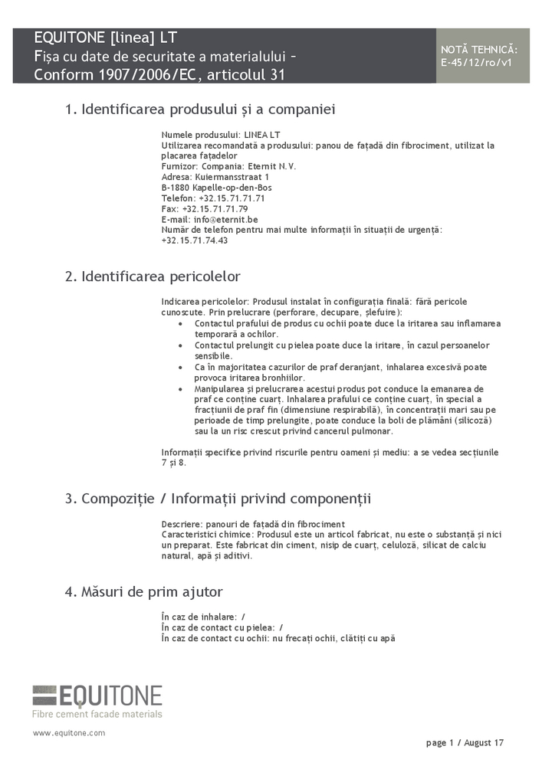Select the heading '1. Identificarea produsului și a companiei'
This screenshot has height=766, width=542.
200,110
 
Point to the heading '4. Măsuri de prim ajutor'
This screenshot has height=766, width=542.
143,591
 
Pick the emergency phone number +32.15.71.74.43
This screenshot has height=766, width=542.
195,241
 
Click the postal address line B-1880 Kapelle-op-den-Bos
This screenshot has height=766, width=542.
216,187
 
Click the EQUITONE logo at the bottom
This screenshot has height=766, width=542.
97,696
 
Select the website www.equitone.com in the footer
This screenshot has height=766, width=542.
69,733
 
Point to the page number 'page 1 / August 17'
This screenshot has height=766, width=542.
465,743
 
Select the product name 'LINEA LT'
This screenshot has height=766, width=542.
262,134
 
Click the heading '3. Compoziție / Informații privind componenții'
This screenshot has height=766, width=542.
218,499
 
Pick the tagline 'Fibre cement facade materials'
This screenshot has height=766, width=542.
97,714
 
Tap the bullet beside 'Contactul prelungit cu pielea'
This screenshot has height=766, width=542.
179,345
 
